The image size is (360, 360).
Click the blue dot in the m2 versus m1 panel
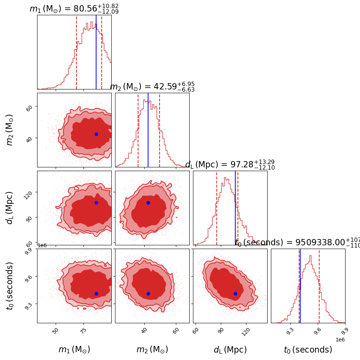point(96,134)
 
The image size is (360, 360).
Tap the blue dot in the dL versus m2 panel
point(148,203)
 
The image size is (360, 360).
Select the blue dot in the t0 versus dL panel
point(235,294)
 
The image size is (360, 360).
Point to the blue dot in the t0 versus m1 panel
point(96,294)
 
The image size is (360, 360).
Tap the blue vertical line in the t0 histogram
point(300,286)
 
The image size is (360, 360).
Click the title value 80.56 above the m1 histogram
point(86,9)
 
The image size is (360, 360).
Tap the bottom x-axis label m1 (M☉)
point(74,350)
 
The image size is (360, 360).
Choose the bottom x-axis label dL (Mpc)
point(230,350)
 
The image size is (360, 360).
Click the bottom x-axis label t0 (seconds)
point(308,350)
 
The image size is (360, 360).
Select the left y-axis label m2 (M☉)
point(10,130)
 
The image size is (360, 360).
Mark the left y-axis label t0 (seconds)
point(10,285)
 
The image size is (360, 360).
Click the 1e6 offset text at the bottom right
point(340,339)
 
